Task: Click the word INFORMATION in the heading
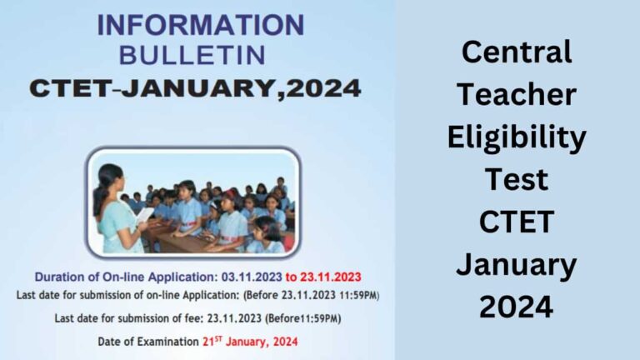[200, 25]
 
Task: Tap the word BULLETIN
[192, 55]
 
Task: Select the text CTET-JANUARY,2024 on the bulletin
[195, 87]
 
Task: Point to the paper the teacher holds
[144, 214]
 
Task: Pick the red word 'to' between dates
[294, 276]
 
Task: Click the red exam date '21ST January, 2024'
[249, 342]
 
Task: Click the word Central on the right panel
[517, 52]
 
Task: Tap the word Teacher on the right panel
[517, 94]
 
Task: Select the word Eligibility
[517, 137]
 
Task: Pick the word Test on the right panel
[517, 179]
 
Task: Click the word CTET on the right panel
[517, 222]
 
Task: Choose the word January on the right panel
[517, 264]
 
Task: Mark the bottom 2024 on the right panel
[517, 307]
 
